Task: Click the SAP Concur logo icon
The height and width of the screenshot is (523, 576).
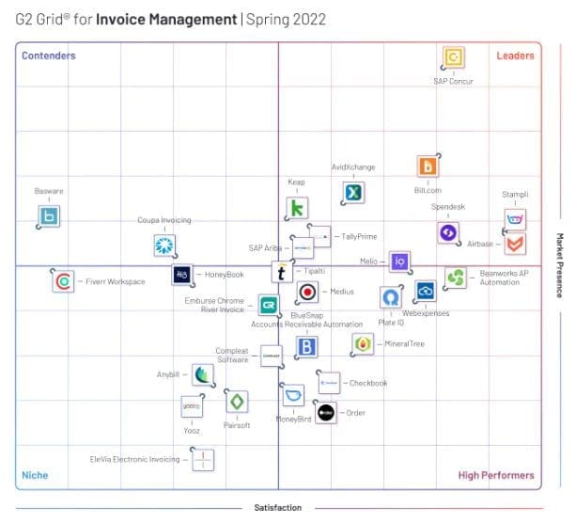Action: (x=454, y=57)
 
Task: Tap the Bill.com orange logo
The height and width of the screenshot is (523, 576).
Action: (x=428, y=166)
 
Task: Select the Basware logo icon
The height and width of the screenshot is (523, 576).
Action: (x=49, y=217)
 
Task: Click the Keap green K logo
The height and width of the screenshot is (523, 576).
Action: (x=297, y=208)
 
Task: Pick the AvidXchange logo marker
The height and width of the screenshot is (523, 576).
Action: (x=353, y=193)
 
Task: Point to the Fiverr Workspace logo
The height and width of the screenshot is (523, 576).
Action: (x=63, y=280)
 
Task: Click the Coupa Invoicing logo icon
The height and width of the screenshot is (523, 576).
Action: (x=164, y=246)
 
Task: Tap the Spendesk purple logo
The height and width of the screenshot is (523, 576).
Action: (x=448, y=232)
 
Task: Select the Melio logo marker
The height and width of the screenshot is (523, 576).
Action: (x=399, y=261)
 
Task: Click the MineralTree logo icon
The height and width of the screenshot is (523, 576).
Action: (x=363, y=344)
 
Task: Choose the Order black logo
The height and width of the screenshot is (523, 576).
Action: (x=325, y=412)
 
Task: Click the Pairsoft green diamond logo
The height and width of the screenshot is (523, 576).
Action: (x=237, y=402)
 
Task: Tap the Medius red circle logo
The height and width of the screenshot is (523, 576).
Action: (x=307, y=292)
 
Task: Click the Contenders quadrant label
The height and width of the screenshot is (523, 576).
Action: (x=49, y=55)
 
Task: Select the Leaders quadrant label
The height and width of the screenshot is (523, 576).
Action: (x=515, y=55)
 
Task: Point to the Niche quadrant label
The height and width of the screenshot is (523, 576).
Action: (x=35, y=475)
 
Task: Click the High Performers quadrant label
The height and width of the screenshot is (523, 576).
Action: (x=496, y=475)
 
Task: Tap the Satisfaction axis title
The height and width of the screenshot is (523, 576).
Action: (x=278, y=508)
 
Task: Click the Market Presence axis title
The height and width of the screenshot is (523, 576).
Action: (x=559, y=265)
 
